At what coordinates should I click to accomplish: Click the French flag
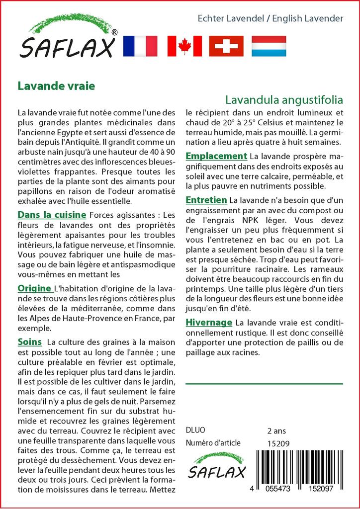(140, 46)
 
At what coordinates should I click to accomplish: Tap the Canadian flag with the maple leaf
(184, 46)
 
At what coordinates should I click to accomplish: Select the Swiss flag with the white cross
(226, 46)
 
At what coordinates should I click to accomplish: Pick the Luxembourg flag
(269, 46)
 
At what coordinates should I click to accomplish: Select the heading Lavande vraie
(56, 85)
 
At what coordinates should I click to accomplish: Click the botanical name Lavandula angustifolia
(284, 98)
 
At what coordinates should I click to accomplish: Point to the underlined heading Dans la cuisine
(52, 215)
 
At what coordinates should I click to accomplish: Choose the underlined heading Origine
(34, 288)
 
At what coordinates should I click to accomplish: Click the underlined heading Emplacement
(216, 156)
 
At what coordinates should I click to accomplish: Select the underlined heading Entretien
(206, 200)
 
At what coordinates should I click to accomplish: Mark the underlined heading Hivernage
(209, 323)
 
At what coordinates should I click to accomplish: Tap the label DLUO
(195, 430)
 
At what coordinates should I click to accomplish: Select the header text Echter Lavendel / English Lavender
(270, 18)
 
